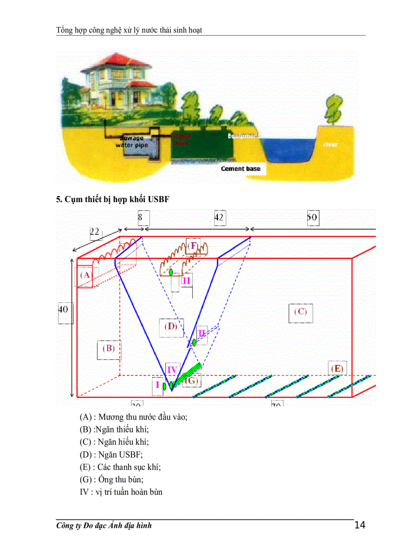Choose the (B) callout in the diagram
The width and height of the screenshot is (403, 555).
pyautogui.click(x=109, y=348)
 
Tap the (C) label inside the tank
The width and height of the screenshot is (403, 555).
pyautogui.click(x=300, y=312)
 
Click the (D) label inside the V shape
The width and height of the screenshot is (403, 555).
pyautogui.click(x=171, y=326)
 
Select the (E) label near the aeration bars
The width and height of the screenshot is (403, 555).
pyautogui.click(x=337, y=368)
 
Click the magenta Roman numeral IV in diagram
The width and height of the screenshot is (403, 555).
pyautogui.click(x=172, y=369)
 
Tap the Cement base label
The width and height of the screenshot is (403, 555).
pyautogui.click(x=241, y=169)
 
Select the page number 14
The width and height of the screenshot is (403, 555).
pyautogui.click(x=360, y=525)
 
